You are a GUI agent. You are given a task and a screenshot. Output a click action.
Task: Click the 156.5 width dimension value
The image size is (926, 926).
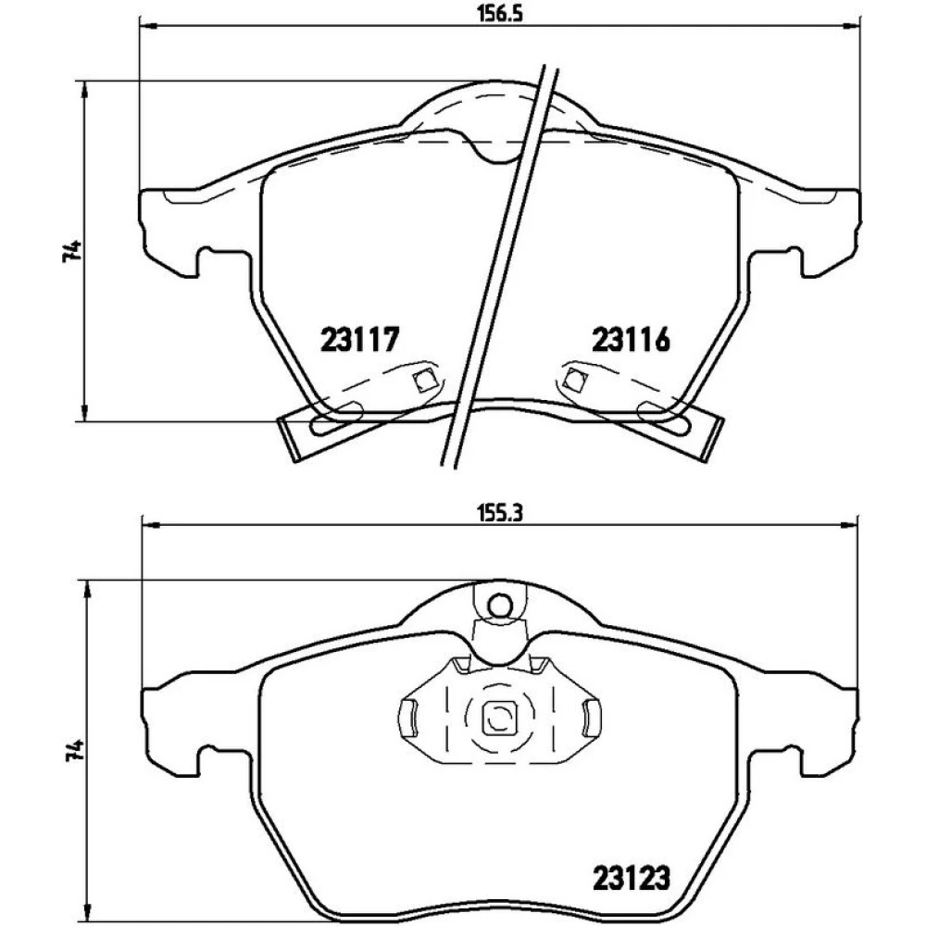pyautogui.click(x=500, y=13)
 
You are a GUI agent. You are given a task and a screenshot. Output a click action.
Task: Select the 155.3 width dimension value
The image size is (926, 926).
pyautogui.click(x=500, y=513)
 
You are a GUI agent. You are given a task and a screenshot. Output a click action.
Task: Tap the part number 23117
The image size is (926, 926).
pyautogui.click(x=360, y=340)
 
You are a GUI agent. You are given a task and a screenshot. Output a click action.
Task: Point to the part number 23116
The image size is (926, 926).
pyautogui.click(x=632, y=340)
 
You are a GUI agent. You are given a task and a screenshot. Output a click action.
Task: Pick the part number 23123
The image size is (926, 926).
pyautogui.click(x=632, y=878)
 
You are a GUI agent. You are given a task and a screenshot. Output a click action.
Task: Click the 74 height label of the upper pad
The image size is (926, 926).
pyautogui.click(x=71, y=251)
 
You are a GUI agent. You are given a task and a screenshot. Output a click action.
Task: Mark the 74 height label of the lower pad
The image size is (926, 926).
pyautogui.click(x=72, y=751)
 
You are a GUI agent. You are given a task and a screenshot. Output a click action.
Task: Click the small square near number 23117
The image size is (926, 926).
pyautogui.click(x=421, y=381)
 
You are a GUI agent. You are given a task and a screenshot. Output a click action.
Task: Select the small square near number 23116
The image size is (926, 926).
pyautogui.click(x=573, y=378)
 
